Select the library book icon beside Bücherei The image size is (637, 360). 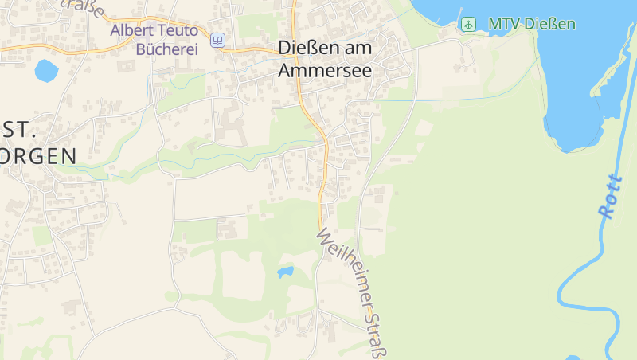pos(218,40)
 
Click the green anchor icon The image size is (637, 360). pos(469,24)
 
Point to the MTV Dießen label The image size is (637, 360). pos(531,24)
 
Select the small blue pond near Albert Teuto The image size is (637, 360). pos(46,70)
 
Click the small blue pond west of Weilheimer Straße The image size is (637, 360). pos(284,272)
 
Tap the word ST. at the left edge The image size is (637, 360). pos(19,129)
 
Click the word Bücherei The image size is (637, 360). pos(167,49)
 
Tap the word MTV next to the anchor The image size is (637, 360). pos(502,24)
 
